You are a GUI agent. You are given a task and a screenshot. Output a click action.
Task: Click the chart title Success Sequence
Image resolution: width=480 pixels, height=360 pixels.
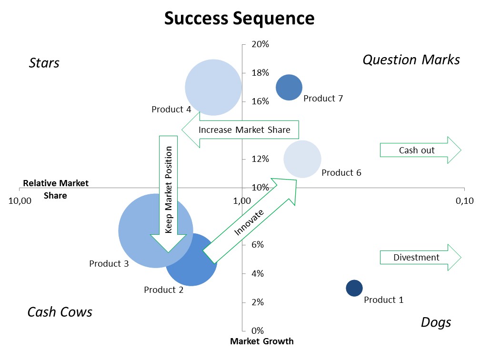[x=240, y=19]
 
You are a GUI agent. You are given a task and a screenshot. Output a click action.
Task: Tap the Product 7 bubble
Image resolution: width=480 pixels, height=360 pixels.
[x=289, y=88]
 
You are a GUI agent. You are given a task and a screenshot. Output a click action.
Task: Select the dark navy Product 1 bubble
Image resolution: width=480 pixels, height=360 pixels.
[x=354, y=288]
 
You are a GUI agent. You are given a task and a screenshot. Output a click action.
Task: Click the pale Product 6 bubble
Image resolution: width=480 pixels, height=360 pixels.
[x=302, y=160]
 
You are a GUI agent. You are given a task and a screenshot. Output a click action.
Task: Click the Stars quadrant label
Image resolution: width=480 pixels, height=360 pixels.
[x=44, y=63]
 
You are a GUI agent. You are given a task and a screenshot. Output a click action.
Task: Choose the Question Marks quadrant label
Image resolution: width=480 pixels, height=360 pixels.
[x=411, y=60]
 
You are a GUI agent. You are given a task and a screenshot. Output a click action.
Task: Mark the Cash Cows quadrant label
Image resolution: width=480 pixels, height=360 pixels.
[x=60, y=312]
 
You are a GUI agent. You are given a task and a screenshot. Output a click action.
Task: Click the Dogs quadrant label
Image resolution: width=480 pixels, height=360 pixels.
[x=436, y=322]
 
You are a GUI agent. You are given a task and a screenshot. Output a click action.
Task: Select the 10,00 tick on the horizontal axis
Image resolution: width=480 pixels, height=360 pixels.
[x=20, y=200]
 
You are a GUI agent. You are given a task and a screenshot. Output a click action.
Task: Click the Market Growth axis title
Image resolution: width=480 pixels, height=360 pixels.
[x=262, y=341]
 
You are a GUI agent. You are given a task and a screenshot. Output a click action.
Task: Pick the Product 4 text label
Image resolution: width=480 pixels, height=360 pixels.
[x=171, y=110]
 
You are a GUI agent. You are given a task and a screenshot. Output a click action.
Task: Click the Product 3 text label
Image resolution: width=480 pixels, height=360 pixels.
[x=109, y=263]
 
